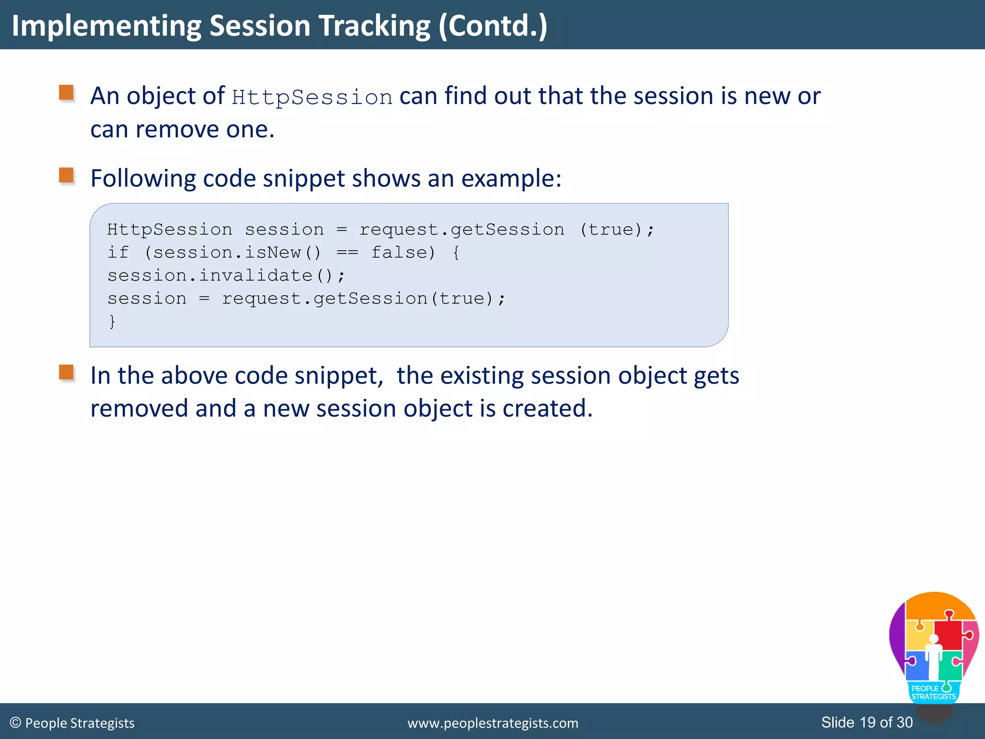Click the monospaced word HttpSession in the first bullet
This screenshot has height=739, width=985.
[312, 97]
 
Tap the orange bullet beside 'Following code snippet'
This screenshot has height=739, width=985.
[66, 175]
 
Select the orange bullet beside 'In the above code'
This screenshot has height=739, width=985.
[66, 372]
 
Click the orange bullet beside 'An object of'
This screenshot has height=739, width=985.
[66, 93]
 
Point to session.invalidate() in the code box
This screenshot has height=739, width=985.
[226, 276]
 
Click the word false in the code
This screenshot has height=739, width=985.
[403, 253]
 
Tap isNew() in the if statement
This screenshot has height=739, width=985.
[282, 253]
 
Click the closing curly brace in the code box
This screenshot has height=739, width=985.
[112, 321]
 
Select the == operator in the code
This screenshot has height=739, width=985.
[347, 253]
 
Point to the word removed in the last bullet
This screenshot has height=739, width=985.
[139, 408]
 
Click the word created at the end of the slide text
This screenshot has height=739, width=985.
[546, 408]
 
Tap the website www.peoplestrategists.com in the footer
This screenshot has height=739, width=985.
[492, 723]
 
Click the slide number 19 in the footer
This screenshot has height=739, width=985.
[868, 722]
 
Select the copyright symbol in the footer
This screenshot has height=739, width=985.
[15, 723]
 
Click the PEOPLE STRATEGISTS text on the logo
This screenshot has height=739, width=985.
[933, 693]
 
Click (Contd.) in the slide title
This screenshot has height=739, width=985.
[492, 26]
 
